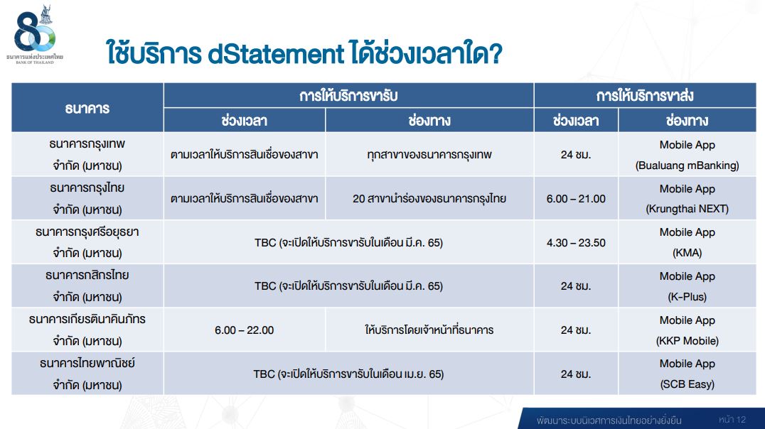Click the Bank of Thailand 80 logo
tap(35, 34)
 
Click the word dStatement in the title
tap(276, 54)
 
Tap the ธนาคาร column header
tap(87, 108)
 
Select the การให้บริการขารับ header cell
tap(348, 96)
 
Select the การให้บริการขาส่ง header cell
tap(645, 96)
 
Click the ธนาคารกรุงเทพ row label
tap(87, 155)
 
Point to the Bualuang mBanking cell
tap(687, 155)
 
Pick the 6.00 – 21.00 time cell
tap(576, 198)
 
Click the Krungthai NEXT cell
tap(687, 198)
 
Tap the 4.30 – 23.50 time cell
tap(576, 242)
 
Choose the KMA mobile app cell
tap(687, 242)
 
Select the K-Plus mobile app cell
tap(687, 286)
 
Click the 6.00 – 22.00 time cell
tap(244, 330)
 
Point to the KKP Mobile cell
tap(687, 330)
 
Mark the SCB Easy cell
tap(687, 374)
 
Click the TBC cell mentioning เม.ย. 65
tap(348, 374)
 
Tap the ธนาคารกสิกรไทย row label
tap(87, 286)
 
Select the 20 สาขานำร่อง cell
tap(429, 198)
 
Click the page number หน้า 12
tap(732, 419)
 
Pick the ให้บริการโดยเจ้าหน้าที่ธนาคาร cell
tap(429, 330)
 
